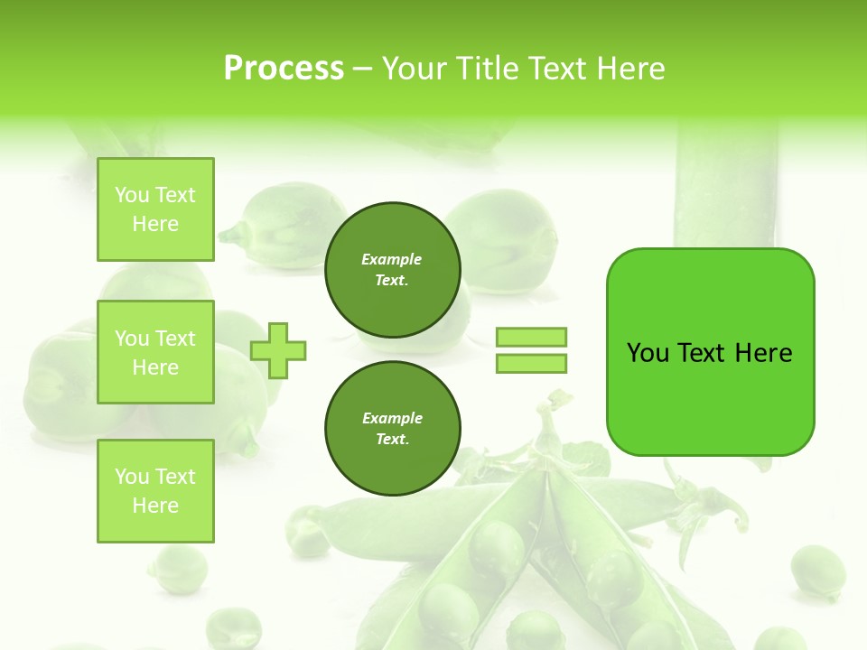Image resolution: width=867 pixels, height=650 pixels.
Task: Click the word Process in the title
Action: pos(284,69)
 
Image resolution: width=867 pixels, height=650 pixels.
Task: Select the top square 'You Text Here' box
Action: pos(155,209)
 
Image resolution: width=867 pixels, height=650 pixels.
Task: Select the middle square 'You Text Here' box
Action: pos(155,352)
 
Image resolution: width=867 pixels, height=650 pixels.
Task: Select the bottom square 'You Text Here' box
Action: pos(155,490)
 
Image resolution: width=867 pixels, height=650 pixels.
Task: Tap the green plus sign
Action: pos(278,350)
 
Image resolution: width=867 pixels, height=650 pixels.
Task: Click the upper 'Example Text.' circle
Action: pos(392,269)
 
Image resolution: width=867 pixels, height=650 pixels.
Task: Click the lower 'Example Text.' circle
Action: pos(392,428)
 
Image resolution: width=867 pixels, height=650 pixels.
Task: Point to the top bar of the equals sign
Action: pos(531,337)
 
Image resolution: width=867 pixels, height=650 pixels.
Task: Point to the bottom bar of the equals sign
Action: pos(531,363)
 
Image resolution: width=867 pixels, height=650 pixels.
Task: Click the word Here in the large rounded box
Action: pos(763,353)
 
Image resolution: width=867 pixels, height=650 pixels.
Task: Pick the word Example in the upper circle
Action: pos(392,259)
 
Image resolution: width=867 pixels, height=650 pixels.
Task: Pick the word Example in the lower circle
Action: pos(392,418)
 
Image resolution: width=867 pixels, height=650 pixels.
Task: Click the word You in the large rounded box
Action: pos(648,353)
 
